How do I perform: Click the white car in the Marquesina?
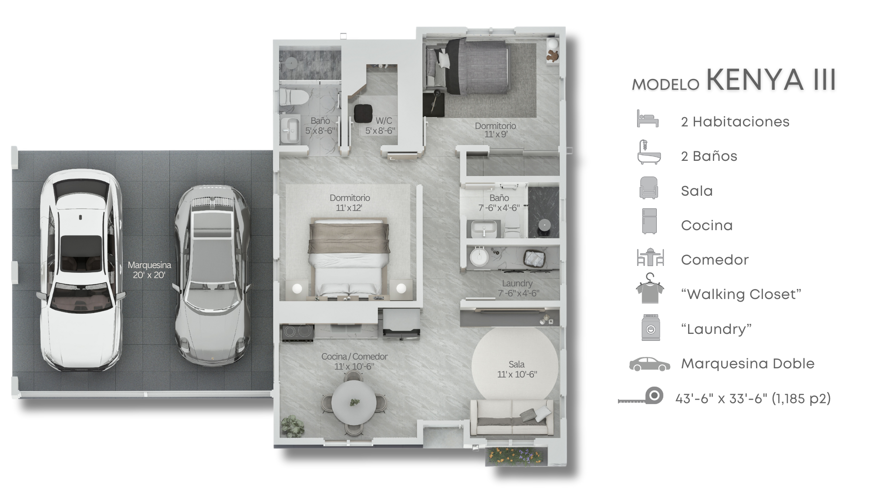tap(81, 270)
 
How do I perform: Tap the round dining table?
tap(354, 403)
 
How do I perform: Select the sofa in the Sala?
tap(512, 418)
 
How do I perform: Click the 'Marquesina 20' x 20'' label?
tap(149, 270)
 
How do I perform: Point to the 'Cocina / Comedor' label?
tap(354, 357)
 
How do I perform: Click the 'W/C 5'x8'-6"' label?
tap(380, 126)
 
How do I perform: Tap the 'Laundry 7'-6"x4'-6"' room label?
tap(518, 289)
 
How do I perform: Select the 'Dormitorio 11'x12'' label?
tap(350, 203)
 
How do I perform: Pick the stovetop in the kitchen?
tap(298, 332)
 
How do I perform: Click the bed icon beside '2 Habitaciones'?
tap(648, 119)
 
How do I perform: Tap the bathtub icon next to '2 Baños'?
tap(649, 152)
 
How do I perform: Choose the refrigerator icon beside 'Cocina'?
tap(649, 221)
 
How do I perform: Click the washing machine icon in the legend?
tap(651, 327)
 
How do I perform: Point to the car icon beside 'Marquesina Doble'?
tap(650, 364)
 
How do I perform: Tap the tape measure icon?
tap(641, 396)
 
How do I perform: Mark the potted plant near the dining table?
tap(292, 426)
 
